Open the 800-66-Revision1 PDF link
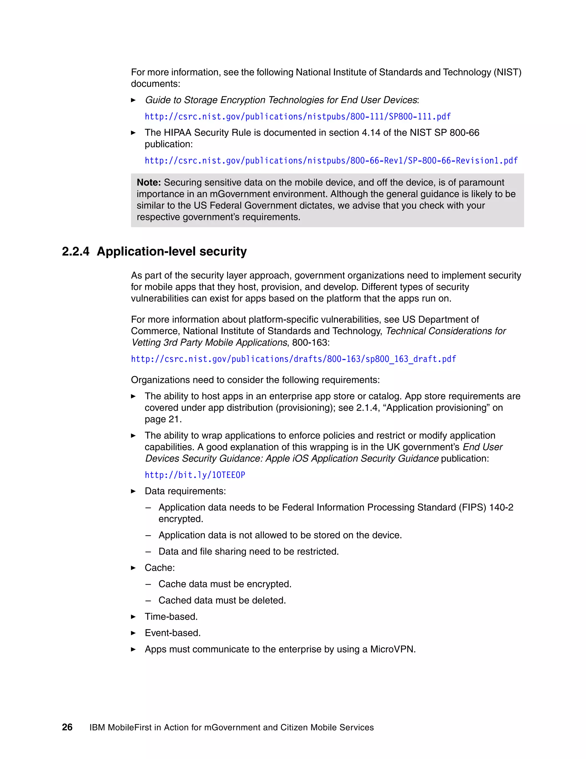pos(331,161)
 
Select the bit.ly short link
pos(195,475)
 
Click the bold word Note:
pos(149,182)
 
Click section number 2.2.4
pos(75,251)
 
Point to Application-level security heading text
pos(171,251)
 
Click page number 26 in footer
pos(67,727)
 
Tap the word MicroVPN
pos(392,649)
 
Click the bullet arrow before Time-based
pos(133,617)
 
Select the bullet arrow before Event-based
pos(133,633)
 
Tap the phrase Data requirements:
pos(185,491)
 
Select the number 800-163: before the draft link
pos(311,343)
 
